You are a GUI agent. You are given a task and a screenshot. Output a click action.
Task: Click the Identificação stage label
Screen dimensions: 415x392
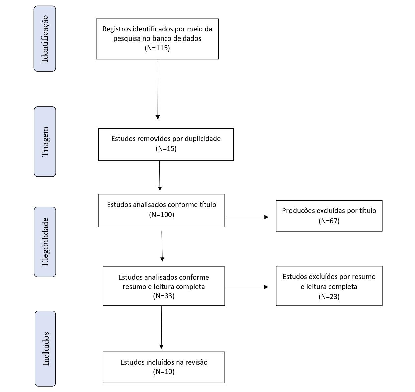45,39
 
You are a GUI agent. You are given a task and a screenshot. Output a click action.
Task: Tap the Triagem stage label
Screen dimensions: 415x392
45,142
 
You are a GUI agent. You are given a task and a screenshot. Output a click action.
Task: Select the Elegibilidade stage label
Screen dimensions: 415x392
45,242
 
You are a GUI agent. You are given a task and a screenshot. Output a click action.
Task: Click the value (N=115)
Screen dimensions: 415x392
158,48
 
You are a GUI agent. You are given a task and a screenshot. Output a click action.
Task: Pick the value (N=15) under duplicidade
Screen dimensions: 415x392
166,149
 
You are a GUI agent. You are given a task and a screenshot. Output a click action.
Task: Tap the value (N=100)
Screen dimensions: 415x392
162,214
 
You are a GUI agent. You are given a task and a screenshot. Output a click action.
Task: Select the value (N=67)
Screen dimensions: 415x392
329,221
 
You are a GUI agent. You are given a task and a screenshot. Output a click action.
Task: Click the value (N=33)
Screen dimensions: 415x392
164,296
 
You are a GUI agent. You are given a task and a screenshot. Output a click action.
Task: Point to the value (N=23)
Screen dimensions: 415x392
329,296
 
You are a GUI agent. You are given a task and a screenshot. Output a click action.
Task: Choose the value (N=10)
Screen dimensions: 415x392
164,372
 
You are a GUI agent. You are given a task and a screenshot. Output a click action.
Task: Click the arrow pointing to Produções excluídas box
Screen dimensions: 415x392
246,217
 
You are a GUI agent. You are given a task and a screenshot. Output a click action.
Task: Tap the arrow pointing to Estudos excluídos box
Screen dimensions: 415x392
246,287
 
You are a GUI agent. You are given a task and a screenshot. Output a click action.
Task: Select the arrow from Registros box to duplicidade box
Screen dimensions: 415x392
158,89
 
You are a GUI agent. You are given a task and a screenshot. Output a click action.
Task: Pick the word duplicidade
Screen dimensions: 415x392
203,139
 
